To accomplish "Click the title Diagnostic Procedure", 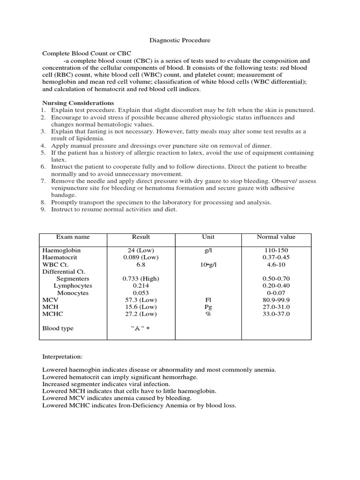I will click(x=180, y=41).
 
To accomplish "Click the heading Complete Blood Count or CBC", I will click(x=87, y=53).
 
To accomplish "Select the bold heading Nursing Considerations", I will click(x=78, y=103).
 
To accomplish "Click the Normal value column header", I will click(x=276, y=237).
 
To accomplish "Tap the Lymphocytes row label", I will click(x=73, y=285).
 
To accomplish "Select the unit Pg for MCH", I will click(x=208, y=307).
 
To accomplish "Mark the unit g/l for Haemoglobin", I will click(x=208, y=250).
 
